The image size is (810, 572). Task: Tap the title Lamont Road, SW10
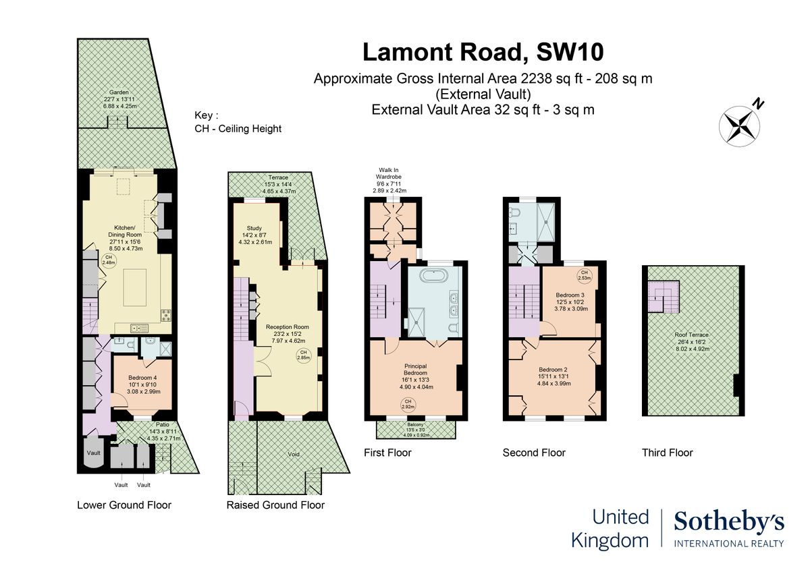[x=483, y=52]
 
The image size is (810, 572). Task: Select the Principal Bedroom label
[x=415, y=368]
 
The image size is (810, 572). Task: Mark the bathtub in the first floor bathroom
[x=433, y=275]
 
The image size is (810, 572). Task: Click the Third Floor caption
[x=667, y=453]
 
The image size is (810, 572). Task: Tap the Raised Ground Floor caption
[x=275, y=505]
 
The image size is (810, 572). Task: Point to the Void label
[x=293, y=454]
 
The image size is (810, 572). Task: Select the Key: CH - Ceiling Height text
[x=238, y=122]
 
